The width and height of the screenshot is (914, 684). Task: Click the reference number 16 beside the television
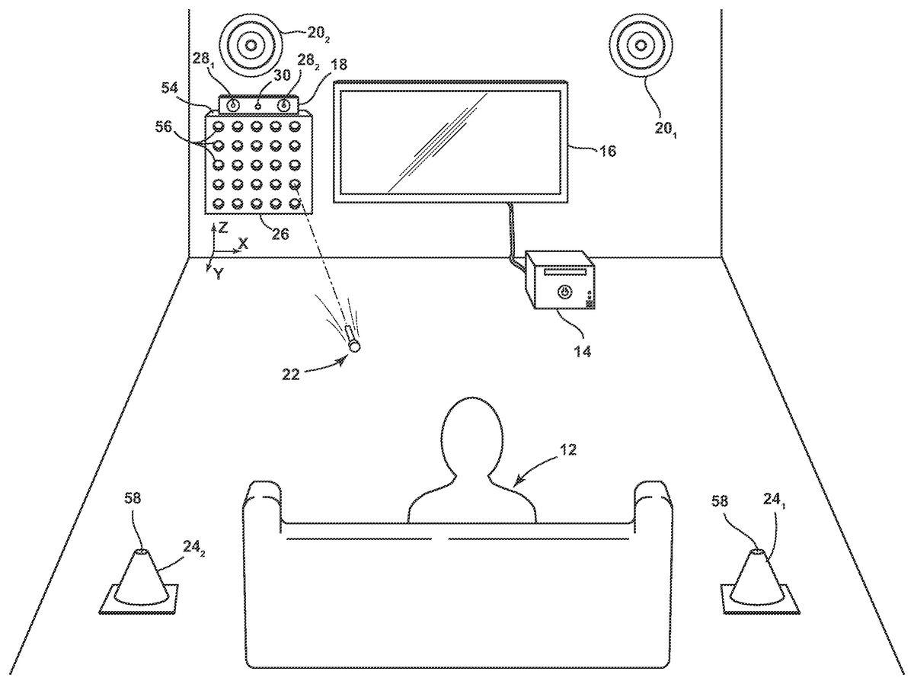(x=607, y=151)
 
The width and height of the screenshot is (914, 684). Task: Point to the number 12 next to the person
(x=567, y=450)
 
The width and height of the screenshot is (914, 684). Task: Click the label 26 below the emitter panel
(x=280, y=235)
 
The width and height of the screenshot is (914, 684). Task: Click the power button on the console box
(x=564, y=291)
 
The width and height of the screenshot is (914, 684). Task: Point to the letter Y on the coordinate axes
(x=219, y=274)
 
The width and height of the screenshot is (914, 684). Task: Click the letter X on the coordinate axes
(x=244, y=244)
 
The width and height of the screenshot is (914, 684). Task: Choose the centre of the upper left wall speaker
(x=251, y=44)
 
